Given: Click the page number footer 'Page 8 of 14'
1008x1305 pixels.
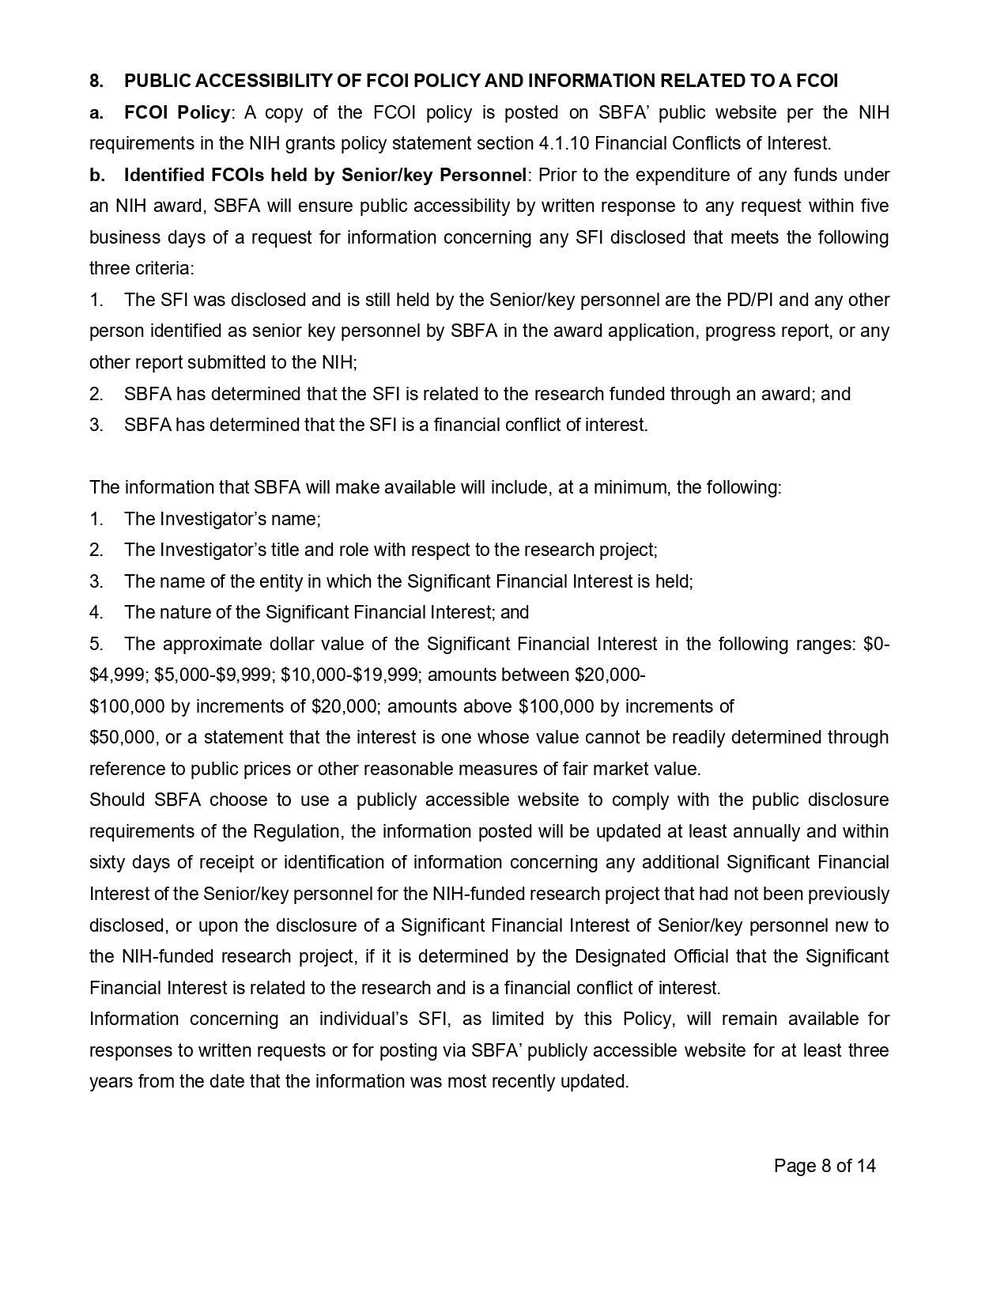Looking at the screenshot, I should point(825,1165).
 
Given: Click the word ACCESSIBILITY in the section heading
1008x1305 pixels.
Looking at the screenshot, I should point(271,81).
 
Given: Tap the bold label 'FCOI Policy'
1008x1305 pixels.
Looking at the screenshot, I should point(176,112).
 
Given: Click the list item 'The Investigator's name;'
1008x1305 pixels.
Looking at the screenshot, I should point(222,519).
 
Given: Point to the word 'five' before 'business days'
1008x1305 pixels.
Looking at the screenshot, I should point(873,206).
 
